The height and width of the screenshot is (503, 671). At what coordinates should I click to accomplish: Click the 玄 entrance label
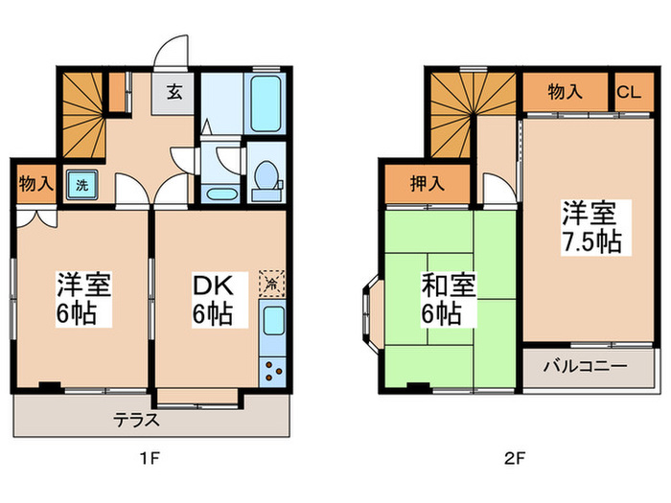(177, 94)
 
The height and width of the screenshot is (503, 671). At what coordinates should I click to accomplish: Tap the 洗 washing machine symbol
(81, 185)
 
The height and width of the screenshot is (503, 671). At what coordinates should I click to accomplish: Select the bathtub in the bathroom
(264, 103)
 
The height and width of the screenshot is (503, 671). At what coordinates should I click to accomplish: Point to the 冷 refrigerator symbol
(272, 284)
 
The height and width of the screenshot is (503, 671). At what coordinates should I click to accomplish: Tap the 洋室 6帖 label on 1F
(82, 299)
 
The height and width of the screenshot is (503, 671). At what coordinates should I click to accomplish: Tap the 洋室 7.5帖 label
(591, 226)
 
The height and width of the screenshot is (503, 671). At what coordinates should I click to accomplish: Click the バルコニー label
(586, 365)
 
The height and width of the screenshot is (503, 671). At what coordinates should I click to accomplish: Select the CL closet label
(628, 93)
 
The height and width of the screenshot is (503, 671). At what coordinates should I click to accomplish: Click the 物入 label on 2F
(566, 93)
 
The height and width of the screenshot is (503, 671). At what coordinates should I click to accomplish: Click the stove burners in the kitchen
(272, 369)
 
